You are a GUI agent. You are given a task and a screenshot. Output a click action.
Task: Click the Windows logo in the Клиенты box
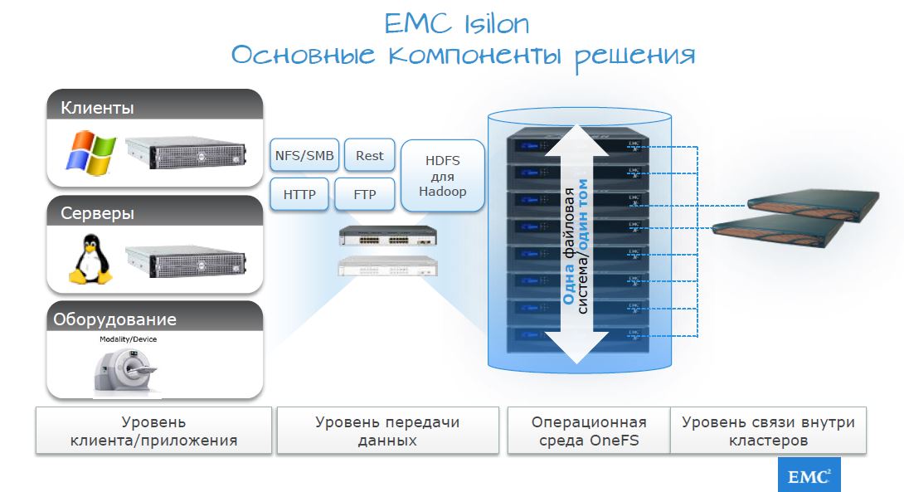pos(90,151)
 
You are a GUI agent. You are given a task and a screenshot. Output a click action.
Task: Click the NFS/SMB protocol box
pos(304,155)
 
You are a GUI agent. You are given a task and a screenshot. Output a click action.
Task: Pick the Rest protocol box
pos(369,155)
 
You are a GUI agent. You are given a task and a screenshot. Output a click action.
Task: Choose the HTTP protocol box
pos(299,195)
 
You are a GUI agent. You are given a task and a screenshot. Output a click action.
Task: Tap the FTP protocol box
pos(364,195)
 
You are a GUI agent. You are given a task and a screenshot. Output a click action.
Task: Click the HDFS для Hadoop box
pos(442,176)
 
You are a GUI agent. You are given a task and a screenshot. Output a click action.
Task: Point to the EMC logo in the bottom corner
pos(809,475)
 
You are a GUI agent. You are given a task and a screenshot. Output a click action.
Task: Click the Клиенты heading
pos(98,108)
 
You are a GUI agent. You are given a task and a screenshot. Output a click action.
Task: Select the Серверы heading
pos(98,213)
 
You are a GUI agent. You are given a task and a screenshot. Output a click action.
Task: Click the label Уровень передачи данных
pos(387,431)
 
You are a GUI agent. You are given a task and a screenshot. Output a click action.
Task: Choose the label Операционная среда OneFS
pos(588,431)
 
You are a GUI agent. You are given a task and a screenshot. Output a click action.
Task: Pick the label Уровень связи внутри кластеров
pos(768,431)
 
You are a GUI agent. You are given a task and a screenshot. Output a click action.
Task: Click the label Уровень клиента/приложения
pos(153,431)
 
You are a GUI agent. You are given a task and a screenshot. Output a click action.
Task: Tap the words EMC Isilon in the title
pos(456,23)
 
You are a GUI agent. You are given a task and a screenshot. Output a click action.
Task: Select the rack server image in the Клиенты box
pos(187,152)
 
